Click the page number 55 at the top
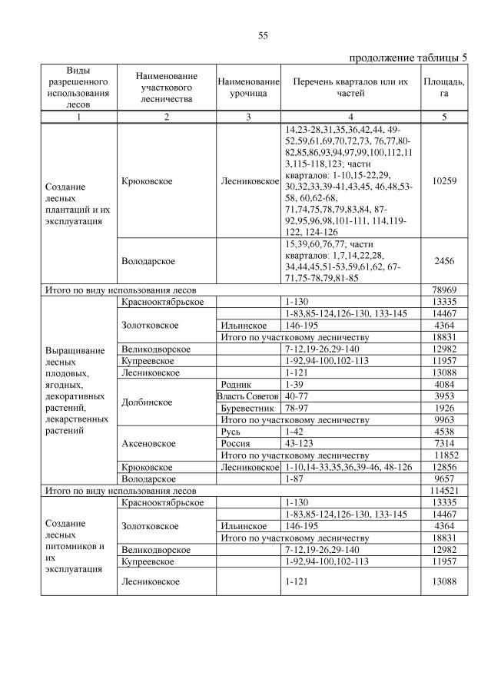point(262,35)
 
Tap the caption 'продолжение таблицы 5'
point(407,58)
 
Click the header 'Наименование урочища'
point(247,87)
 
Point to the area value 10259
point(444,181)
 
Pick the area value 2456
point(444,261)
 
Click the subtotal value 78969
point(444,290)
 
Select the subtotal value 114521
point(444,488)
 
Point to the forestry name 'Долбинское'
point(146,402)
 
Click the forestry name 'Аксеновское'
point(148,443)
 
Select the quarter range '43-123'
point(298,443)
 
